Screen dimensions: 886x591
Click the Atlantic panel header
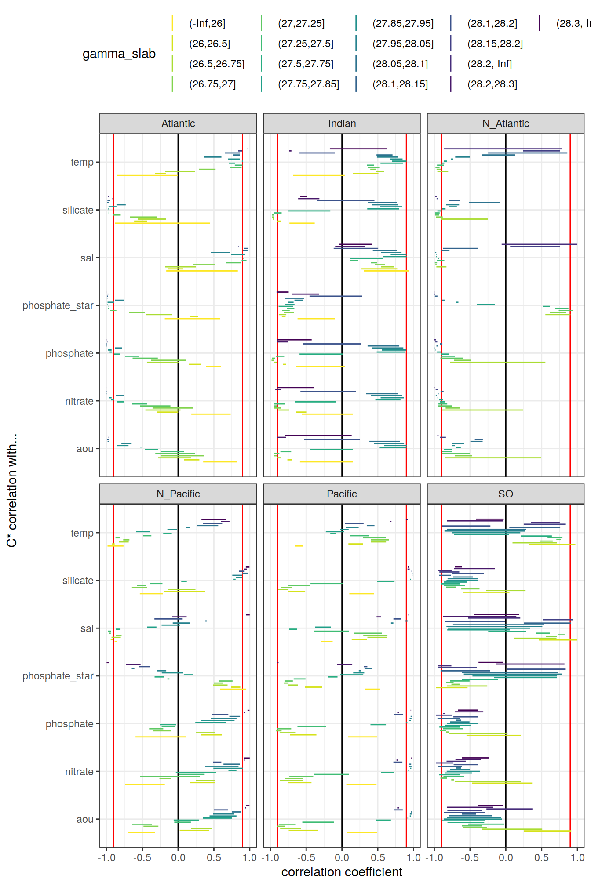click(x=178, y=123)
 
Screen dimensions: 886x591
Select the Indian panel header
click(x=342, y=123)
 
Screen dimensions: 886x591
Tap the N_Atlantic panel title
click(x=506, y=123)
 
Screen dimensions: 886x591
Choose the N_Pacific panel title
click(x=178, y=494)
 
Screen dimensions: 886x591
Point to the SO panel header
click(x=506, y=494)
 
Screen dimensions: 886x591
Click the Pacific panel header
click(x=342, y=494)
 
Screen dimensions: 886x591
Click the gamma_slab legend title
click(x=119, y=54)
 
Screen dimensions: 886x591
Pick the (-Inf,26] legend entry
click(x=207, y=23)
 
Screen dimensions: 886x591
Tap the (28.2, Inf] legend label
click(x=489, y=64)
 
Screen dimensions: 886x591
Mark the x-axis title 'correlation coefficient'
click(x=342, y=872)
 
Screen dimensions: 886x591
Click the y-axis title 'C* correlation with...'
click(x=12, y=490)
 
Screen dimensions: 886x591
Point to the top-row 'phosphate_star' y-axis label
click(x=58, y=305)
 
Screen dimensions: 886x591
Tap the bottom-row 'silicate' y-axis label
click(x=78, y=581)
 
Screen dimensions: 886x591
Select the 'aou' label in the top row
click(x=85, y=449)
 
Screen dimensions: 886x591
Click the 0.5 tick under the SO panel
click(x=541, y=857)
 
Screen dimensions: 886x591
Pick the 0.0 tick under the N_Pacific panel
click(x=178, y=857)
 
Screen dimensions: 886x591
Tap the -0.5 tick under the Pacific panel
click(x=306, y=857)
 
